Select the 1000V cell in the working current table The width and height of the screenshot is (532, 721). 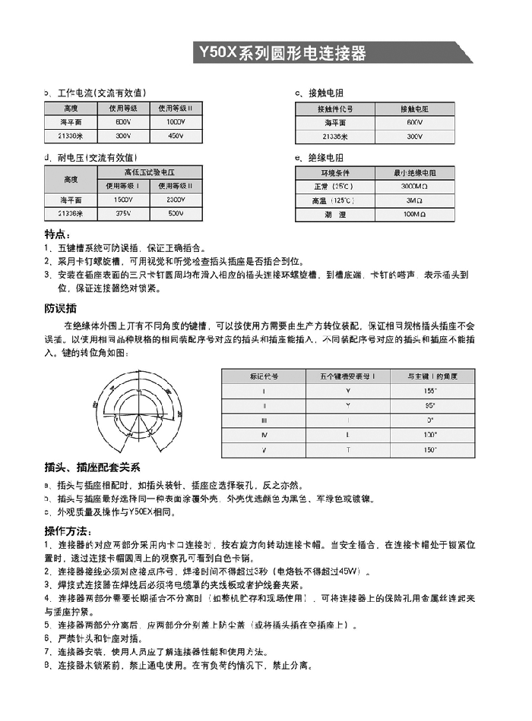coord(176,122)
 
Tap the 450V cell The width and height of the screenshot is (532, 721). coord(176,136)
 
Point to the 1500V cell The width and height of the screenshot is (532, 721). coord(123,199)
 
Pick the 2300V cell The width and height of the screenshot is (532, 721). coord(176,199)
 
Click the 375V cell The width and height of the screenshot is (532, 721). coord(123,213)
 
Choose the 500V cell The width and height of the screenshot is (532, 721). coord(176,213)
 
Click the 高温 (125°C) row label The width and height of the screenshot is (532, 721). coord(333,201)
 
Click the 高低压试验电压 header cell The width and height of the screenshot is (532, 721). coord(150,172)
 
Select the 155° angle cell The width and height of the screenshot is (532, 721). coord(431,390)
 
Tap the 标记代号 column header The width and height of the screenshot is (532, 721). coord(264,376)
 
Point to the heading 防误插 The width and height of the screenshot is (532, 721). coord(61,308)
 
